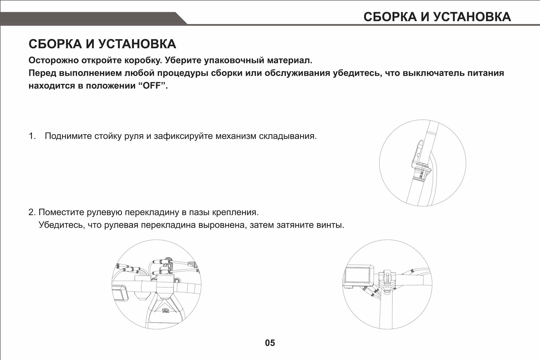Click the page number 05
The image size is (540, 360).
point(270,343)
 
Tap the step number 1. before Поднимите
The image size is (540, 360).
point(32,136)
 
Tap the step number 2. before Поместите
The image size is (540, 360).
point(32,212)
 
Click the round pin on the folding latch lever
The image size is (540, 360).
point(418,155)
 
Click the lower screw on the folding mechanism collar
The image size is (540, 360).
point(421,177)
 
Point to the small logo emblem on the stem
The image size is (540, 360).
point(165,310)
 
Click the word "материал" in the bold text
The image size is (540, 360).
point(289,60)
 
